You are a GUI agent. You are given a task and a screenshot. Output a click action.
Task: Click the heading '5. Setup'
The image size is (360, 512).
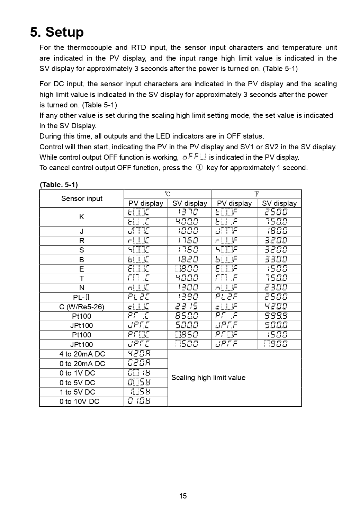[x=57, y=32]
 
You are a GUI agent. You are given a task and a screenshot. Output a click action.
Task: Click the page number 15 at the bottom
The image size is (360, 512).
[x=183, y=496]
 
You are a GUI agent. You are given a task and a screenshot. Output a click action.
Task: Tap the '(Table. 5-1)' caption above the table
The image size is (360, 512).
[x=59, y=184]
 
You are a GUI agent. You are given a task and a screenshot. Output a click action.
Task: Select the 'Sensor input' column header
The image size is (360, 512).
[x=82, y=198]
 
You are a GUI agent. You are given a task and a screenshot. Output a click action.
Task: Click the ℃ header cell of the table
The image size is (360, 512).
[x=168, y=194]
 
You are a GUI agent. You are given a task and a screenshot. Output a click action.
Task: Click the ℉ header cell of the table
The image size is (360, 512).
[x=256, y=194]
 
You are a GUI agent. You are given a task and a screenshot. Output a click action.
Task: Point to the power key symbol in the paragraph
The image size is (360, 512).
[x=199, y=167]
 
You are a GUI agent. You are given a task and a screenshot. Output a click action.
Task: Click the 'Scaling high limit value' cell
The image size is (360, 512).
[x=208, y=378]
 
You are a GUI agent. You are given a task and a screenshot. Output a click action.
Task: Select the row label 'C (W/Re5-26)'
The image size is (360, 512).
[x=82, y=307]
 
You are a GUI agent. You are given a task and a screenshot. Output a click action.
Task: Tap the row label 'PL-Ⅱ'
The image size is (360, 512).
[x=82, y=297]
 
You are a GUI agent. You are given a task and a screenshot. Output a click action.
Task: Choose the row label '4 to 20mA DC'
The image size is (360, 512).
[x=82, y=354]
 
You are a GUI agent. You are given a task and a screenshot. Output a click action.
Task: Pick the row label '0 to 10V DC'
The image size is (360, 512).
[x=79, y=401]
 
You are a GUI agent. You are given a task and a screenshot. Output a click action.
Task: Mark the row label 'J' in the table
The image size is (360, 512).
[x=82, y=231]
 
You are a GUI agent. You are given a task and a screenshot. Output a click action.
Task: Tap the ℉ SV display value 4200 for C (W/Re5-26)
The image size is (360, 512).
[x=276, y=307]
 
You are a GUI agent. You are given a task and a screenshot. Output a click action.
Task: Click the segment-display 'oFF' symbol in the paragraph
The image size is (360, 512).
[x=194, y=157]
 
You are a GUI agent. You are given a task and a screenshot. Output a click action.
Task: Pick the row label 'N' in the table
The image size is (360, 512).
[x=82, y=288]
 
